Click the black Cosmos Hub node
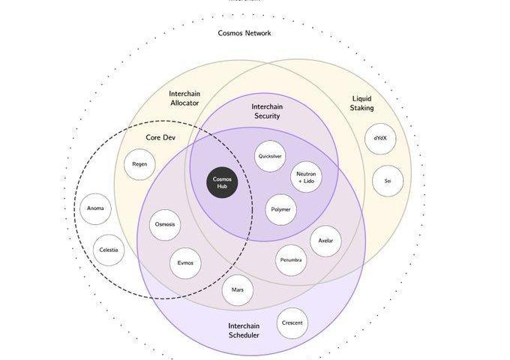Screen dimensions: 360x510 222,183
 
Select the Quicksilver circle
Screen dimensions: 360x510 270,157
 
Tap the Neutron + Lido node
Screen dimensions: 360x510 306,177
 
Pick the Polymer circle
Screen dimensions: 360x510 281,210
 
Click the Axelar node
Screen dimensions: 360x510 325,241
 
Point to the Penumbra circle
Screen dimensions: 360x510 291,260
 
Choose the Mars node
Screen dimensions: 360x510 238,289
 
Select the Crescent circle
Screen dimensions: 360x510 292,323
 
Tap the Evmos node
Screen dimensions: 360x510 185,263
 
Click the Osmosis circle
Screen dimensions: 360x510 165,225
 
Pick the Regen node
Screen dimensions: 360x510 139,164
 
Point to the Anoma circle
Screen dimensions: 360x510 95,208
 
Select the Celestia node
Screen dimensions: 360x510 109,250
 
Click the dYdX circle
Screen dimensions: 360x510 380,138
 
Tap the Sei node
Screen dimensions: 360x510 388,181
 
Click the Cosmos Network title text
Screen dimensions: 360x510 244,33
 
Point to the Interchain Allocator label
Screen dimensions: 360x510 184,98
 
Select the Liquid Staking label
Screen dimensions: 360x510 362,103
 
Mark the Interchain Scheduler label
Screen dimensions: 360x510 244,330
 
